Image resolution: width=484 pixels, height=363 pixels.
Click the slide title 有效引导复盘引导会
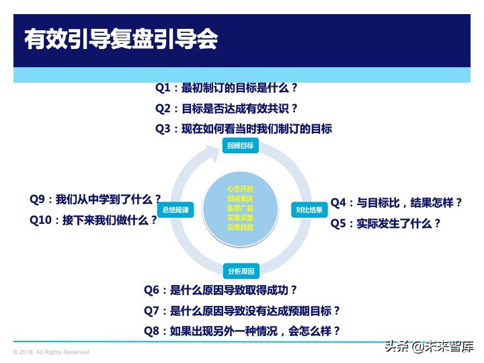[121, 39]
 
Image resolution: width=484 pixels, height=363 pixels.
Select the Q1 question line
[227, 88]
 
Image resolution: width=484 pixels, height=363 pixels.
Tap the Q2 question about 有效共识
[227, 108]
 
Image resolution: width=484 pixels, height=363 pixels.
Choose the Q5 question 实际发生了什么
[386, 223]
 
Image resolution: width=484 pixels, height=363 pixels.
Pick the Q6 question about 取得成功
[225, 290]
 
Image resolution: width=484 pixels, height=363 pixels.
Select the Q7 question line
[242, 311]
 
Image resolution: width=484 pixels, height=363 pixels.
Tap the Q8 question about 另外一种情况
[242, 331]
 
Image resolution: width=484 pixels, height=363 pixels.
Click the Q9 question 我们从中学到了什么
[95, 199]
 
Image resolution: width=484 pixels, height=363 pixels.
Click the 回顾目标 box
[241, 146]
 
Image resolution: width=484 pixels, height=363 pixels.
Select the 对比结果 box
[309, 210]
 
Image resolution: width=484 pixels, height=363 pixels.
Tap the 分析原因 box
[241, 272]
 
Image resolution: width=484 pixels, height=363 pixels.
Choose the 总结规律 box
[175, 210]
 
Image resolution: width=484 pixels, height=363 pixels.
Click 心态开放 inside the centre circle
[240, 189]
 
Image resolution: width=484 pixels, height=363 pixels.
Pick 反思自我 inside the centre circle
[240, 227]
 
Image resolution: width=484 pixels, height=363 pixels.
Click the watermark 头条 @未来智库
[429, 348]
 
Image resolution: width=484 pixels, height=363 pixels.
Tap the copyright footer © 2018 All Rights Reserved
[51, 352]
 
